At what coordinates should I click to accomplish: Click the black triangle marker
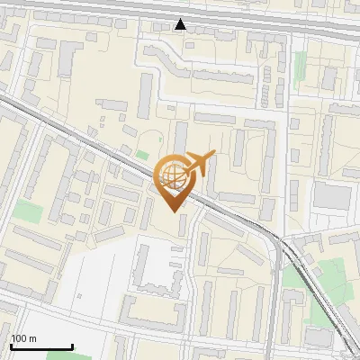181,24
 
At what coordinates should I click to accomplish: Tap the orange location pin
175,181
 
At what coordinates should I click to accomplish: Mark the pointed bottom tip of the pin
174,211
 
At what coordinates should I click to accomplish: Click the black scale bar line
41,346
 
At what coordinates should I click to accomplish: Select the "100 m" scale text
23,338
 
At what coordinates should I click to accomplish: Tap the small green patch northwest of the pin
142,155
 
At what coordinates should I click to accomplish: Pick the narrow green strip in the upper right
300,65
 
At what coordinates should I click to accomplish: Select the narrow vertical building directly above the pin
180,139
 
